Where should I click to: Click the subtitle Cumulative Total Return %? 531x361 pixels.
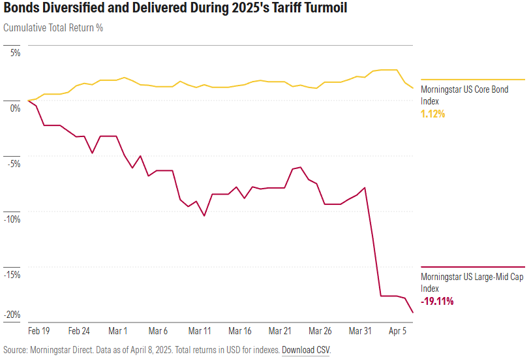point(53,28)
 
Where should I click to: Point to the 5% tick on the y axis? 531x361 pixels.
point(14,52)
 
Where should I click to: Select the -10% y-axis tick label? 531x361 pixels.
point(11,219)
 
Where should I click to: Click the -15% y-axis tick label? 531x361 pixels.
point(11,274)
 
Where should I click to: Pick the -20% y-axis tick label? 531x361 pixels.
point(11,315)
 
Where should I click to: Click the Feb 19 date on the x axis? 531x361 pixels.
point(40,331)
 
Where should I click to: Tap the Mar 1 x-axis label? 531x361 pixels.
point(118,331)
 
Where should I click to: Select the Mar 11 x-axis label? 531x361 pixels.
point(199,331)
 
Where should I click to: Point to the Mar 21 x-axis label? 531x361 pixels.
point(280,331)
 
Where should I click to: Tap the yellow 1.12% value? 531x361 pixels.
point(433,114)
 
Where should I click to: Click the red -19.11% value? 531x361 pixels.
point(437,302)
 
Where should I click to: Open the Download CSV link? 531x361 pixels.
point(306,350)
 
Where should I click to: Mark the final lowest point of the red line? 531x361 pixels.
point(413,313)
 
